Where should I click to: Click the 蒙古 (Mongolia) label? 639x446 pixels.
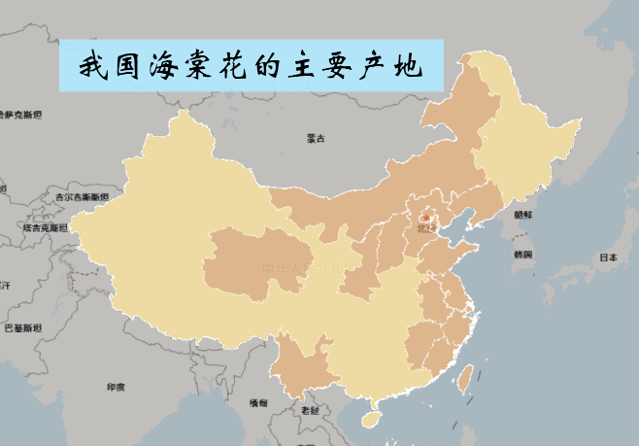(x=316, y=138)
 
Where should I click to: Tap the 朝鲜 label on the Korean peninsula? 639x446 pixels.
(x=523, y=214)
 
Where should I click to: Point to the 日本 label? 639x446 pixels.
(x=608, y=257)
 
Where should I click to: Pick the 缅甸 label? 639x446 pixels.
(x=258, y=402)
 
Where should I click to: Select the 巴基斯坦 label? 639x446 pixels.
(x=23, y=328)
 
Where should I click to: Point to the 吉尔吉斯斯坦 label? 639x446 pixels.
(x=78, y=196)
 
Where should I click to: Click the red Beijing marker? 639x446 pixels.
(x=423, y=219)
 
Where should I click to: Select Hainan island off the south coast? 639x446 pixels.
(x=369, y=418)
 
